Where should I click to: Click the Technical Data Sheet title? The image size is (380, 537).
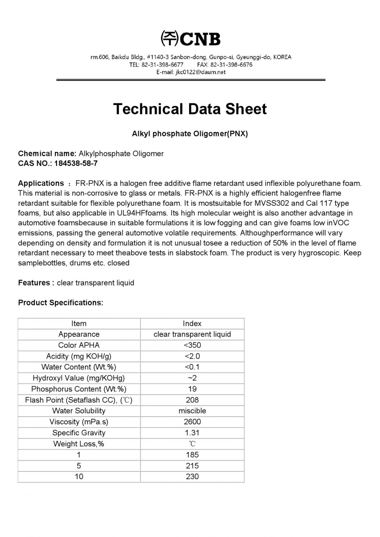[190, 109]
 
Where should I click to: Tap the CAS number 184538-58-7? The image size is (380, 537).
[76, 163]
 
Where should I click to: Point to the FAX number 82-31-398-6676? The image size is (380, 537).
[231, 65]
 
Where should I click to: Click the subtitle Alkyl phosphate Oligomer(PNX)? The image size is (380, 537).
[190, 134]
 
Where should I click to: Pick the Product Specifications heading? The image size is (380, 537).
[60, 302]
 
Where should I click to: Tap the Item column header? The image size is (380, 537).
[79, 324]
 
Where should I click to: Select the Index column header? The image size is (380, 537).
[192, 324]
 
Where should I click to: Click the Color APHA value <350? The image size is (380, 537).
[192, 345]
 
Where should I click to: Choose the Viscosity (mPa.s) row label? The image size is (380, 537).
[79, 422]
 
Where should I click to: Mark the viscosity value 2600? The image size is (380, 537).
[192, 422]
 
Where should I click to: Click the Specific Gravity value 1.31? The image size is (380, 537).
[192, 433]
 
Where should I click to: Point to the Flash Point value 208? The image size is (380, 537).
[192, 400]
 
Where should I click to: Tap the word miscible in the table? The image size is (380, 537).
[192, 411]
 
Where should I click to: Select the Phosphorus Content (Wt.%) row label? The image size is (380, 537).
[79, 389]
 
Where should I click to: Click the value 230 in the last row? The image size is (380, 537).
[192, 477]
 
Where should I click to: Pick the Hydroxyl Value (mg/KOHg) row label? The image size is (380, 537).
[79, 378]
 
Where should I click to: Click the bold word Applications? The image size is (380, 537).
[41, 183]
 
